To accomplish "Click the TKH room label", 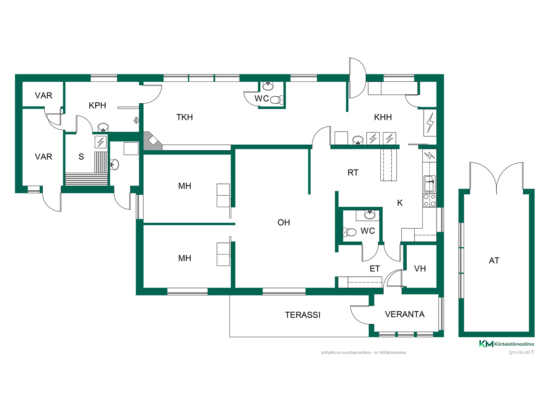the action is [x=185, y=117].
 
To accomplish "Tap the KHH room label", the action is [x=383, y=117].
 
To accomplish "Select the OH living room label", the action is [x=284, y=223].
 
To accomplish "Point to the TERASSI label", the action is [x=303, y=315].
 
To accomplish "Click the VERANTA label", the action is [x=405, y=314].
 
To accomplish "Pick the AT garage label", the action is [x=494, y=261].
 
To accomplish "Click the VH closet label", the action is [x=420, y=269].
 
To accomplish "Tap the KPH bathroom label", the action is [x=97, y=106].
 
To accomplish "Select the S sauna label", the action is [x=81, y=157].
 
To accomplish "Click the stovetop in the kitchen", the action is [x=430, y=200].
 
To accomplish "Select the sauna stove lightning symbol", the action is [x=101, y=142].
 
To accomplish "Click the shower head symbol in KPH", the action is [x=136, y=120].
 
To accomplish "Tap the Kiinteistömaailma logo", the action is [x=507, y=344].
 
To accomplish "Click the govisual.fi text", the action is [x=521, y=352].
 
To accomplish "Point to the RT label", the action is [x=353, y=173].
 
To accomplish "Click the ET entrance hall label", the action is [x=375, y=269].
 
